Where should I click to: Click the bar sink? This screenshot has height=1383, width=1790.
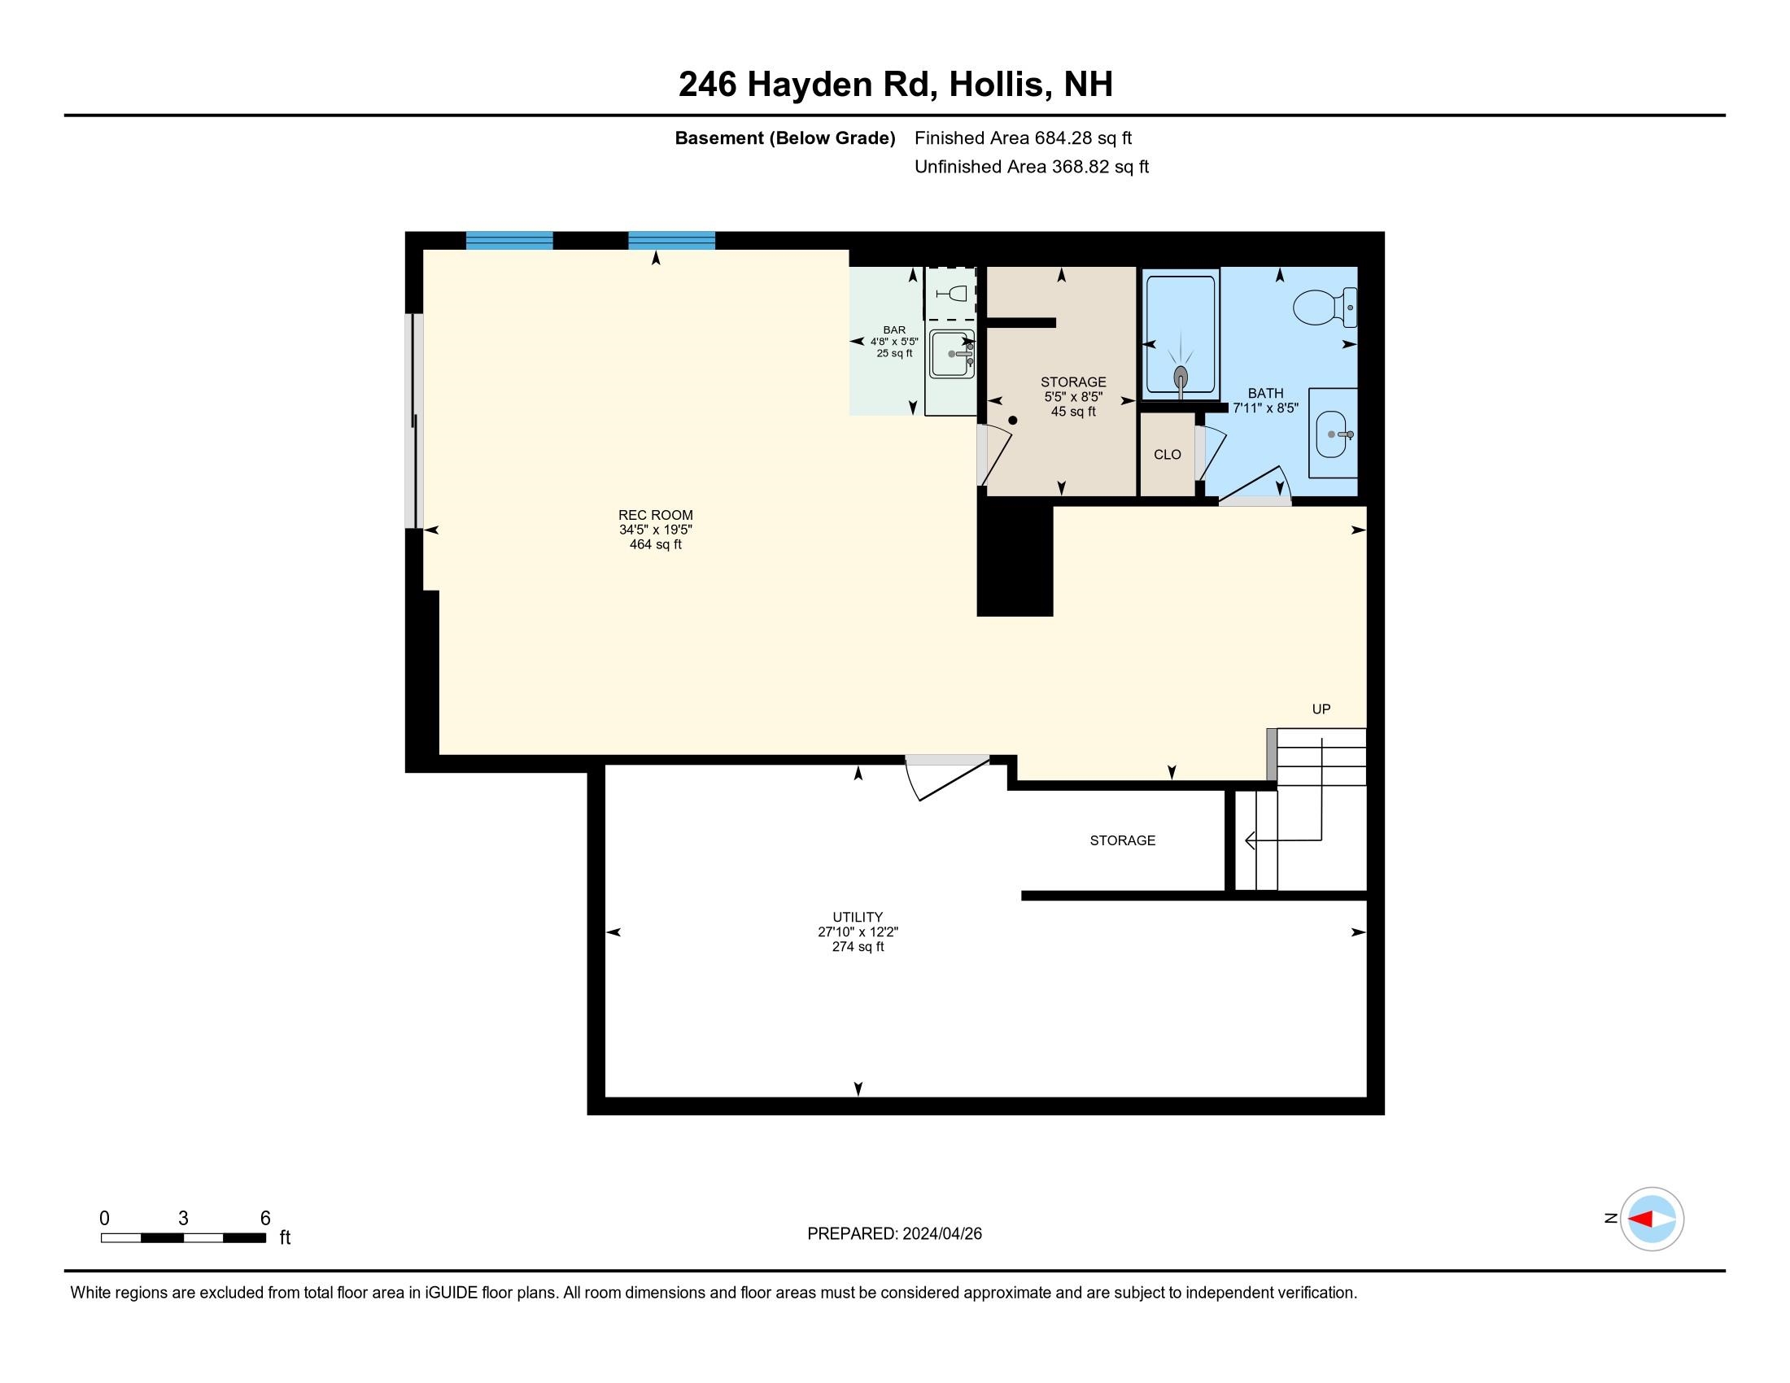point(952,354)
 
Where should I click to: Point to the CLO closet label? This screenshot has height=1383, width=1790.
point(1167,455)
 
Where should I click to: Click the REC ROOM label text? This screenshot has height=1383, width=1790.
point(655,515)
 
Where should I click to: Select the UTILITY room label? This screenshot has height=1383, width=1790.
point(858,917)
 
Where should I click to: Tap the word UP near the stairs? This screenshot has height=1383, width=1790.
point(1321,709)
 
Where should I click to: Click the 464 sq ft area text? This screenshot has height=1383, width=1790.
point(655,545)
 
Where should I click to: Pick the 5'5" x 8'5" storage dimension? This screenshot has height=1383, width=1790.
point(1073,396)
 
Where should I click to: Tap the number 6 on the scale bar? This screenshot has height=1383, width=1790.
point(264,1219)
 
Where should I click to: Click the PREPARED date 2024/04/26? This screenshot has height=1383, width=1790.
point(941,1234)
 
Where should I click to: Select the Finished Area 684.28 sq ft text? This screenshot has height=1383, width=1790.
point(1023,138)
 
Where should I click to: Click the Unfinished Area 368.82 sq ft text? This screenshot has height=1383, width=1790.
point(1031,167)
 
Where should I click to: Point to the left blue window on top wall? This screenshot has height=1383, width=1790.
point(509,240)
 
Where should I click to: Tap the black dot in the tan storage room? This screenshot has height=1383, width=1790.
point(1013,421)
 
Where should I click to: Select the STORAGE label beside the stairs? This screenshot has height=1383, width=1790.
point(1122,840)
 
